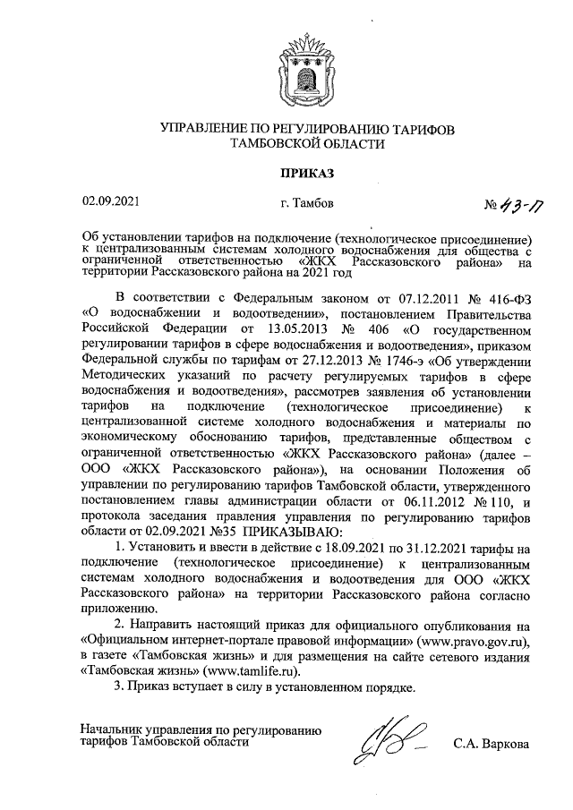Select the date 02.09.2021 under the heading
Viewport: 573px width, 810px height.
click(x=107, y=203)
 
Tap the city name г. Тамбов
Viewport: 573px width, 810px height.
click(x=307, y=204)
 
